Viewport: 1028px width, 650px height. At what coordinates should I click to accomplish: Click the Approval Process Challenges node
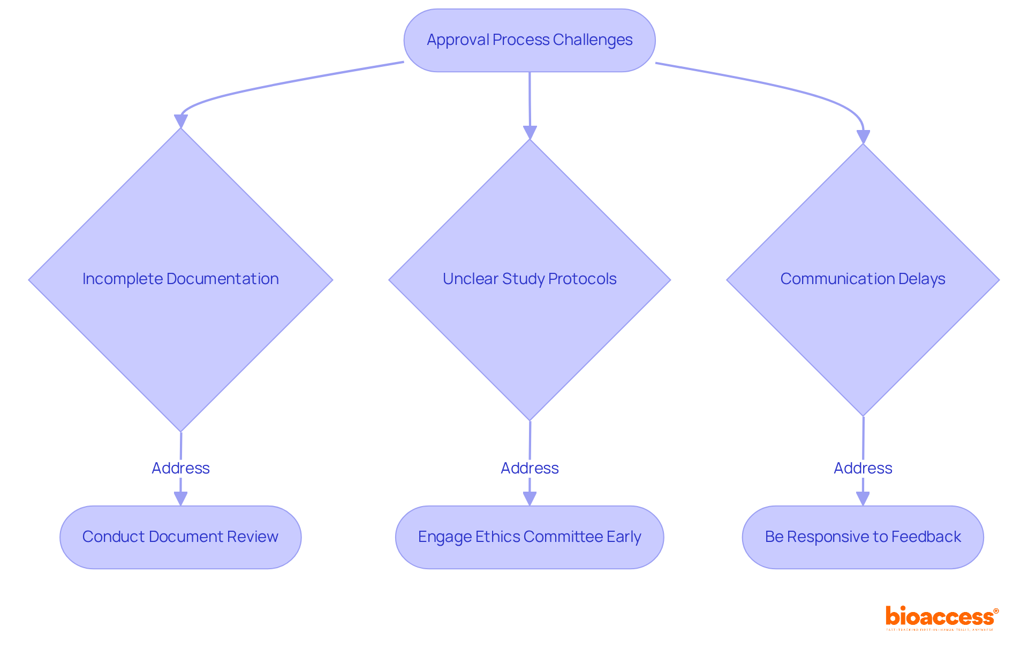(529, 40)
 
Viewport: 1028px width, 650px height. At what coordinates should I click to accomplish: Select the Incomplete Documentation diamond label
(180, 279)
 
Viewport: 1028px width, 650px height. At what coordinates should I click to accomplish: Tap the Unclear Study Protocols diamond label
(530, 279)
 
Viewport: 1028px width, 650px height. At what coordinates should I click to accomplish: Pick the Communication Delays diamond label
(863, 279)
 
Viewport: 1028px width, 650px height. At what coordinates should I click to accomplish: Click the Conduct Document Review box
(180, 537)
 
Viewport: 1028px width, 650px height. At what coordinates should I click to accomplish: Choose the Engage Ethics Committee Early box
(530, 537)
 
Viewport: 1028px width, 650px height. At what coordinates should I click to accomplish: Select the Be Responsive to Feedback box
(863, 537)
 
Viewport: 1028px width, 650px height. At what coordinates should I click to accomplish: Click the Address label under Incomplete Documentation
(180, 468)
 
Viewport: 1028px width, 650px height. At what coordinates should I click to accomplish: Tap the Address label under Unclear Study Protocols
(530, 468)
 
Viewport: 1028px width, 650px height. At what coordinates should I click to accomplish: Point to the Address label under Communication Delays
(863, 468)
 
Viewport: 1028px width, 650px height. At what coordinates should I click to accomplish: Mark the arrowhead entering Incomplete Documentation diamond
(181, 121)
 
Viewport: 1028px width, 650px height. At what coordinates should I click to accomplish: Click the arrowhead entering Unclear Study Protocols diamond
(530, 133)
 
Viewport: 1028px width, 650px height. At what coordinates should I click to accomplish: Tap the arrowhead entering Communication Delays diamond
(863, 137)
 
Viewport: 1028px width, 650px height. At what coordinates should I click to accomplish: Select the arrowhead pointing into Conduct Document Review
(180, 499)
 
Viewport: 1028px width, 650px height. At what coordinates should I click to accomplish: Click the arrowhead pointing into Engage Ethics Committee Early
(530, 499)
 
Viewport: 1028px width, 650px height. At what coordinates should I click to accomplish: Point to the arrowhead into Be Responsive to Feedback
(863, 499)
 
